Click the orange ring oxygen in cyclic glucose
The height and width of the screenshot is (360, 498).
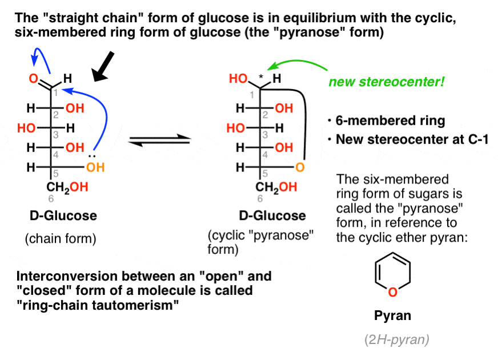pos(303,168)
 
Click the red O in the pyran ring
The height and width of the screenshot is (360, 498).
pos(392,292)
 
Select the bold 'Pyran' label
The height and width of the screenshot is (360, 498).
pos(391,315)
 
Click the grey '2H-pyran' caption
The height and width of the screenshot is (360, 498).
pos(396,340)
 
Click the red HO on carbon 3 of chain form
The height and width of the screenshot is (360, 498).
pos(26,128)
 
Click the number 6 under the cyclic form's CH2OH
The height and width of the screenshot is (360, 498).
pos(261,199)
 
